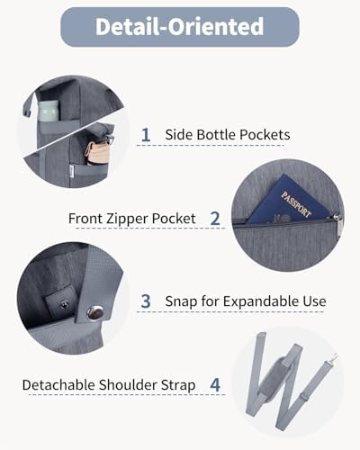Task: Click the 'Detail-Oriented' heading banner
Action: pos(180,27)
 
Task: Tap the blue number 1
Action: pos(146,135)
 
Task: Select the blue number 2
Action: pos(215,219)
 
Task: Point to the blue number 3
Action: pos(146,301)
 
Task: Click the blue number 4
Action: pos(215,385)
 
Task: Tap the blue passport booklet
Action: pos(286,200)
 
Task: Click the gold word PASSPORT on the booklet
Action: pos(296,204)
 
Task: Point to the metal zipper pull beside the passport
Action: pos(337,225)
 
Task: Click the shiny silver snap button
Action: pos(94,313)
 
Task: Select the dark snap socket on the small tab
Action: pos(64,305)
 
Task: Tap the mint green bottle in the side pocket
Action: pos(49,111)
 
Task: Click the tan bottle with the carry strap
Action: pos(96,152)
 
